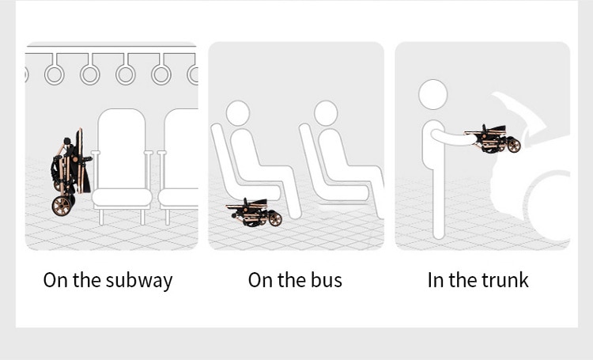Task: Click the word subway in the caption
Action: click(x=139, y=281)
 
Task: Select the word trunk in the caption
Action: click(x=505, y=280)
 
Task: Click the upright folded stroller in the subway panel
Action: click(x=70, y=172)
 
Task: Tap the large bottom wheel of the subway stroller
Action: click(x=61, y=206)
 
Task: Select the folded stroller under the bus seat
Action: click(x=254, y=212)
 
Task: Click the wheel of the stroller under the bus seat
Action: click(x=275, y=219)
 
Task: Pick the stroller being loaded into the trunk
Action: click(x=493, y=139)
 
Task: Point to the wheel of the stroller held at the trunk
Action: click(x=514, y=146)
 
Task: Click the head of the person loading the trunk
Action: click(x=433, y=95)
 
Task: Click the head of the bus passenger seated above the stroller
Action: click(x=238, y=112)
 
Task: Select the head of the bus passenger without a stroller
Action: click(x=326, y=112)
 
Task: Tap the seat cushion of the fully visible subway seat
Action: click(x=122, y=198)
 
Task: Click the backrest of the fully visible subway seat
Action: click(x=122, y=149)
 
